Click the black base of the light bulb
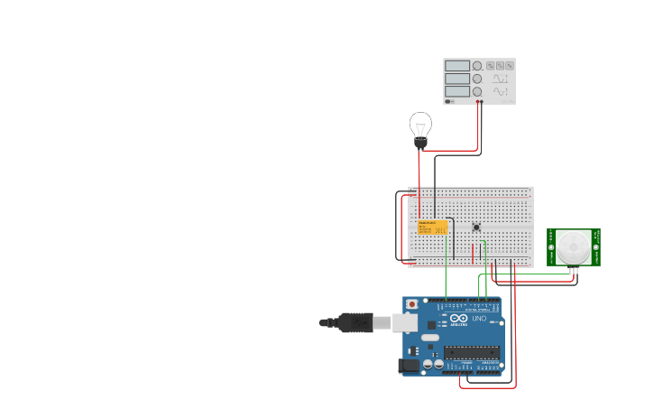point(420,143)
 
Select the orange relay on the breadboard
point(432,227)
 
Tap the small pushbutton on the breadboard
point(476,227)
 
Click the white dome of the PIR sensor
point(573,246)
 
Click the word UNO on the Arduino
point(479,319)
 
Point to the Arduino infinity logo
point(457,319)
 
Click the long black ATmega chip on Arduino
point(471,352)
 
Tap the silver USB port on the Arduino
point(404,322)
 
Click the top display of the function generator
point(457,66)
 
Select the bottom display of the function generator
point(457,91)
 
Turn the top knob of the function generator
point(477,66)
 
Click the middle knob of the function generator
point(477,79)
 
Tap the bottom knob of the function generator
point(477,91)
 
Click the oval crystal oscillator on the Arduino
point(430,338)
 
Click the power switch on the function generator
point(448,101)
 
